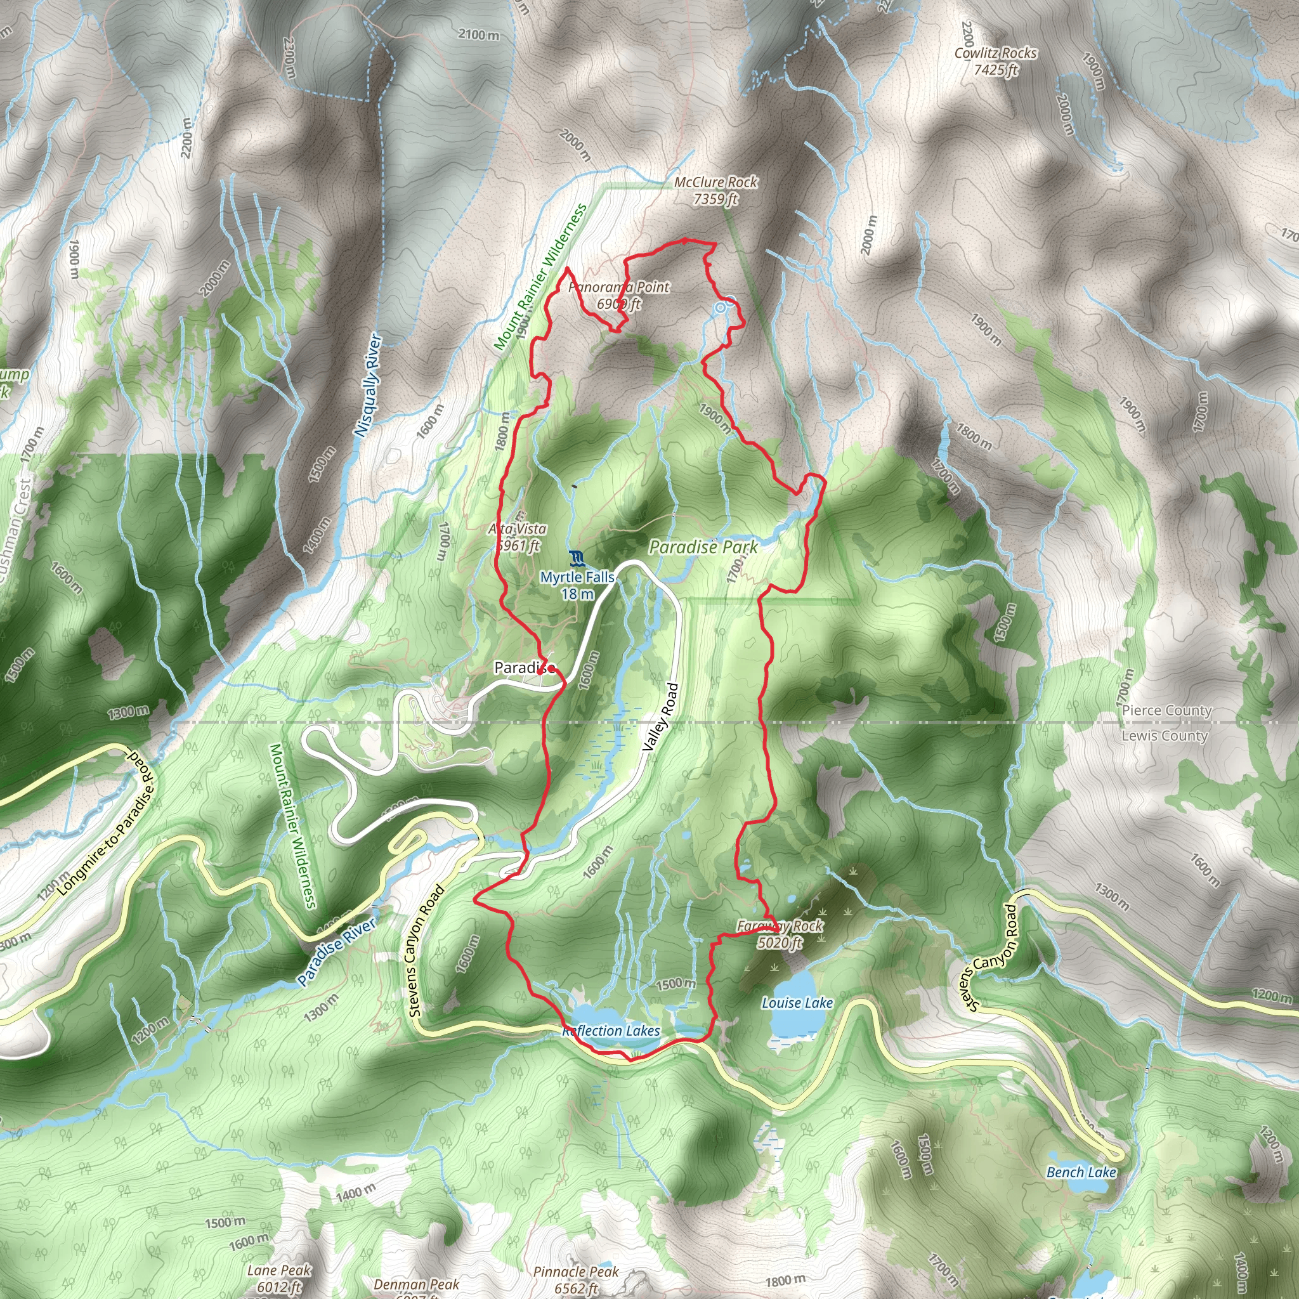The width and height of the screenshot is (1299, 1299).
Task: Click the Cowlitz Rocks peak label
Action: tap(995, 61)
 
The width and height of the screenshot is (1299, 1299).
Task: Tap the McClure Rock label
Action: tap(715, 190)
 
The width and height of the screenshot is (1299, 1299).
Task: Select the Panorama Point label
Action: tap(618, 295)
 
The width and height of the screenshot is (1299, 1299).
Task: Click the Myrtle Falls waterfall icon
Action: tap(576, 558)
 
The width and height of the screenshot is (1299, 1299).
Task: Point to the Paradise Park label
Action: tap(703, 547)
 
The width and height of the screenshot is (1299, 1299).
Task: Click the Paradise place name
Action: tap(525, 668)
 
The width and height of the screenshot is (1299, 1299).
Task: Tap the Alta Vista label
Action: tap(518, 537)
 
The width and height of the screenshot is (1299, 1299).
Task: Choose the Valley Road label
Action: tap(660, 717)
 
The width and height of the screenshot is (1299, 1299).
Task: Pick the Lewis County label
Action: tap(1164, 736)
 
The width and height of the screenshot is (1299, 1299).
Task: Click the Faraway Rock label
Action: tap(780, 934)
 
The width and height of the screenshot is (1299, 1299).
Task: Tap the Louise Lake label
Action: tap(797, 1003)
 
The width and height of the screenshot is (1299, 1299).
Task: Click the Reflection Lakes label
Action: tap(611, 1031)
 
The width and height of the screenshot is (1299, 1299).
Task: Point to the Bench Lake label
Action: tap(1081, 1173)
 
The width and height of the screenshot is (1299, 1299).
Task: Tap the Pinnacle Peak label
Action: tap(575, 1279)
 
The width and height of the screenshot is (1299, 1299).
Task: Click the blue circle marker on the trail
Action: tap(720, 308)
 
